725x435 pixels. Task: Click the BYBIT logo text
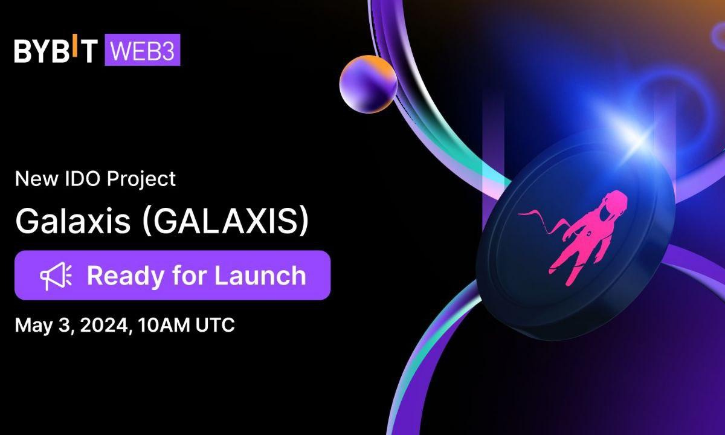[55, 51]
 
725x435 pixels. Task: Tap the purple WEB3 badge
[143, 51]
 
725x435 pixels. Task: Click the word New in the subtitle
[33, 179]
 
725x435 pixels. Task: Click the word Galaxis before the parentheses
[72, 222]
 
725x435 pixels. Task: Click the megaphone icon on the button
[56, 275]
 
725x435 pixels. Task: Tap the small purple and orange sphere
[368, 85]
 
